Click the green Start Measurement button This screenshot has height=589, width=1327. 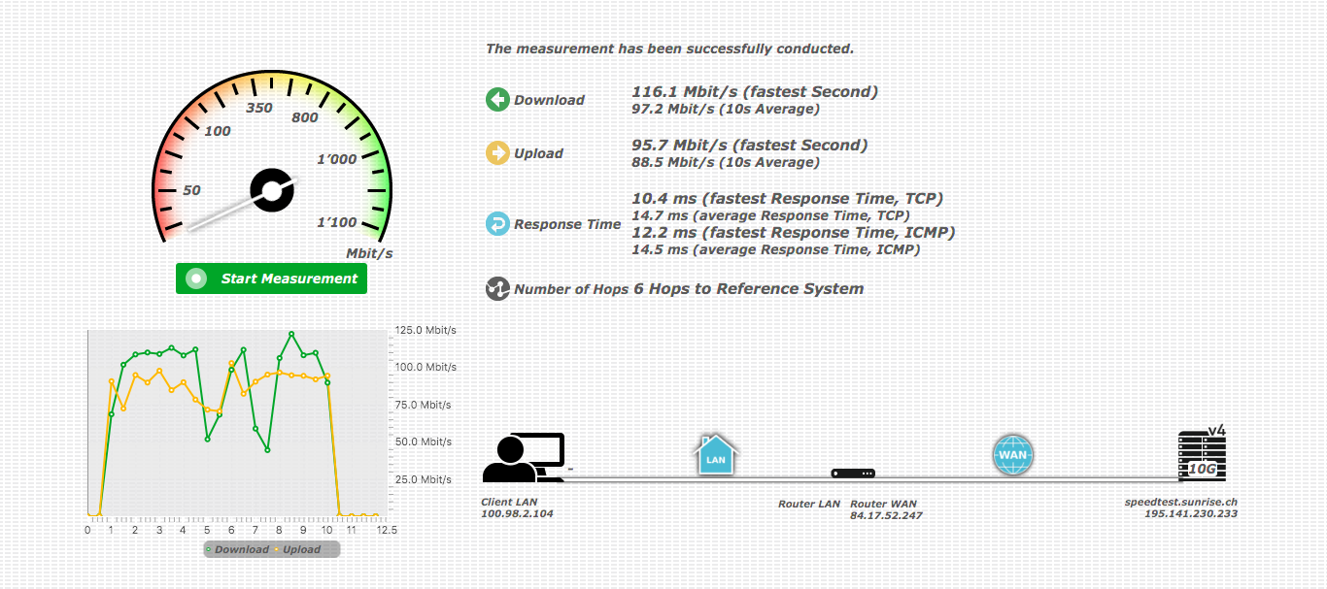tap(271, 278)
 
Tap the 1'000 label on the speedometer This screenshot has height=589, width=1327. tap(337, 159)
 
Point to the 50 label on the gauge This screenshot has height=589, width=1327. tap(191, 190)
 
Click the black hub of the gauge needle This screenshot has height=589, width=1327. tap(272, 190)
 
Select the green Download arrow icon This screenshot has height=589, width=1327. tap(497, 99)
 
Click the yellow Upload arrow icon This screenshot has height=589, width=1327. tap(497, 152)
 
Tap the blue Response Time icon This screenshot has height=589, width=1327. tap(497, 224)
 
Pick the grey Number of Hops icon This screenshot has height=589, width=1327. tap(497, 288)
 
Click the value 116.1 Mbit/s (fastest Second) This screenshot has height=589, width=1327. tap(755, 92)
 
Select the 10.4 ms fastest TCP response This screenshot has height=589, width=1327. tap(787, 199)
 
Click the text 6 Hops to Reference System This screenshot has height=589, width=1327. tap(748, 288)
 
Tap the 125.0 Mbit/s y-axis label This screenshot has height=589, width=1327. tap(425, 331)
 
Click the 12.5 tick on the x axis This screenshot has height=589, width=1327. tap(387, 530)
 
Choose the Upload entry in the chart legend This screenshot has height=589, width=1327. tap(300, 550)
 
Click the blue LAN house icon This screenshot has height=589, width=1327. tap(716, 454)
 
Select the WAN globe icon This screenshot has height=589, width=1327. tap(1012, 453)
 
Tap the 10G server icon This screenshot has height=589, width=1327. tap(1202, 456)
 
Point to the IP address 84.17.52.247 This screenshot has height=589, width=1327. tap(886, 515)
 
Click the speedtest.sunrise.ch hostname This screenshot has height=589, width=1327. tap(1180, 502)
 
